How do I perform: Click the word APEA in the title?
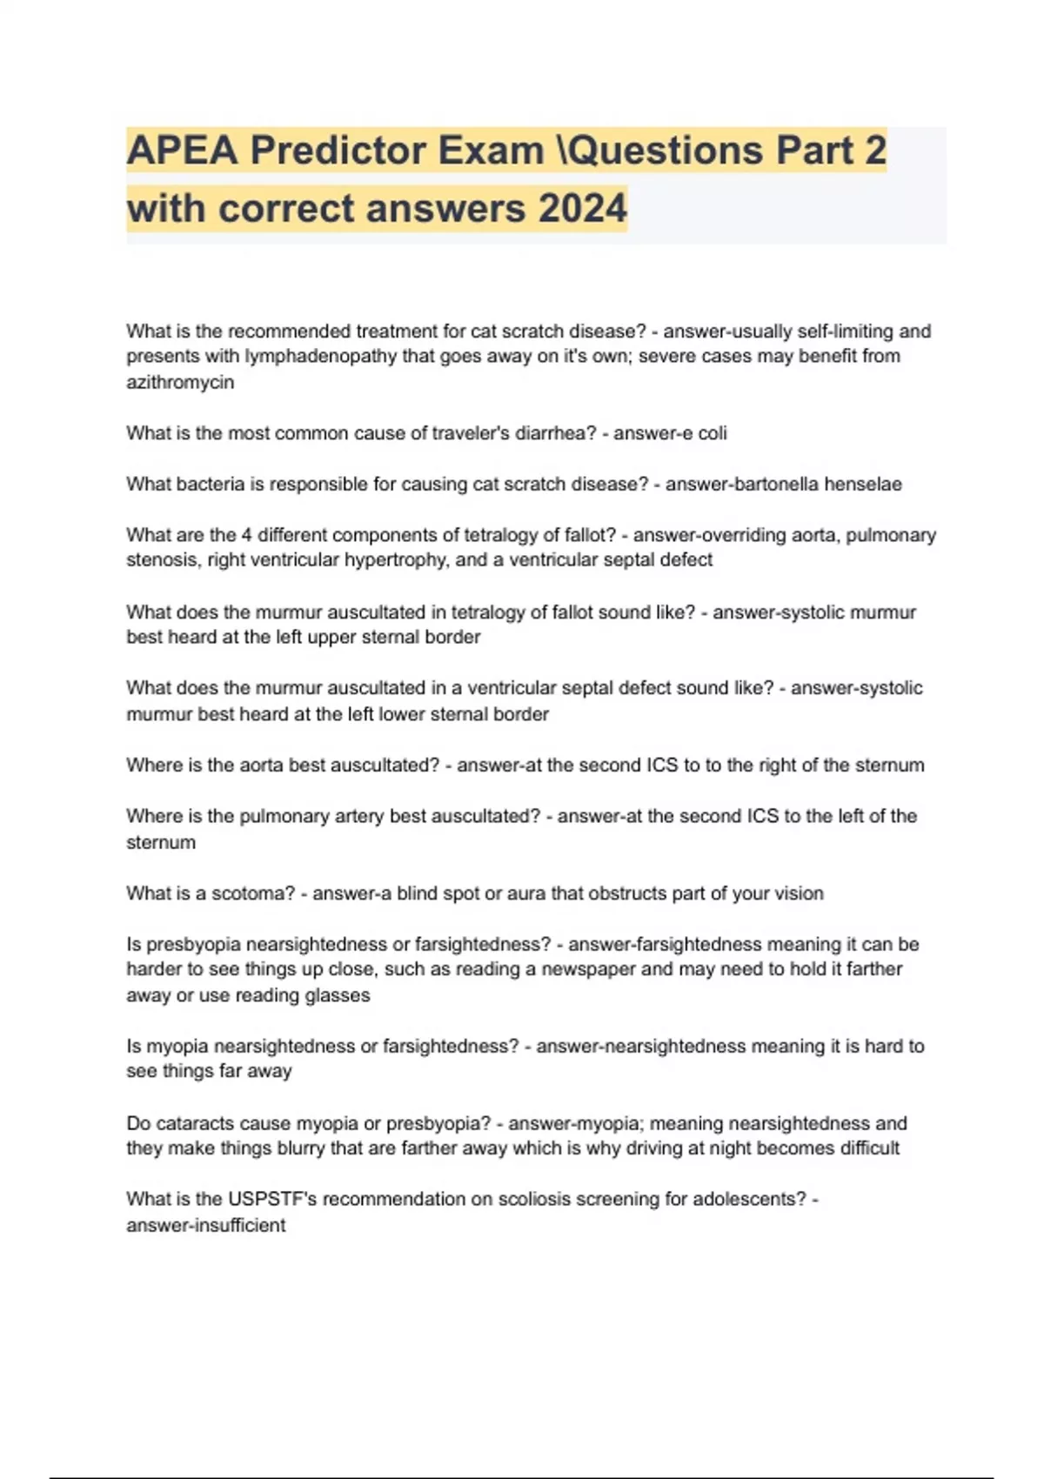tap(182, 151)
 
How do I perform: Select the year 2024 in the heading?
tap(582, 209)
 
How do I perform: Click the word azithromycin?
tap(180, 382)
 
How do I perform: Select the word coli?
tap(713, 433)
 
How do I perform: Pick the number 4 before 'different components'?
tap(246, 535)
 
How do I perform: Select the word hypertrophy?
tap(396, 560)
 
